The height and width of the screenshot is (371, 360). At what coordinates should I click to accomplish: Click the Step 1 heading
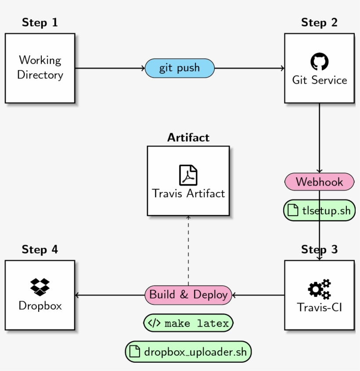tap(40, 22)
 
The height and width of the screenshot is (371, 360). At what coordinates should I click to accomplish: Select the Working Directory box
tap(40, 68)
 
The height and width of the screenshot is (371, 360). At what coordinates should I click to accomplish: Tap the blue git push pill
tap(180, 68)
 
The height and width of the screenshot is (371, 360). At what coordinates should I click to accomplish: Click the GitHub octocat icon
tap(319, 62)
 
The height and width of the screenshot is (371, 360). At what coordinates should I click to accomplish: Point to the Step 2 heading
tap(319, 22)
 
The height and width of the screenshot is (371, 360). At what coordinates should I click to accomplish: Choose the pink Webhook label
tap(319, 182)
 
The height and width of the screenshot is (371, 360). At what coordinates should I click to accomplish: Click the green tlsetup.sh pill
tap(319, 210)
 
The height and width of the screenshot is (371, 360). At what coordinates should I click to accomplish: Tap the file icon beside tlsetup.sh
tap(293, 210)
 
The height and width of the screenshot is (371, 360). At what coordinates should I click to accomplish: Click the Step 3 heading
tap(319, 250)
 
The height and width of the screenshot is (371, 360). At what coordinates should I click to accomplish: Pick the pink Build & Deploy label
tap(188, 295)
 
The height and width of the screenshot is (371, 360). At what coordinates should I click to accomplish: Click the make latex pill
tap(188, 324)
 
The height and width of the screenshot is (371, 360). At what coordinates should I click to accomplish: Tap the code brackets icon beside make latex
tap(154, 324)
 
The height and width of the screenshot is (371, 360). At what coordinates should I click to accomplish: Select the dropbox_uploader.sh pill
tap(188, 352)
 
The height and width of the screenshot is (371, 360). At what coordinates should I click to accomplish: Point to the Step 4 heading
tap(40, 250)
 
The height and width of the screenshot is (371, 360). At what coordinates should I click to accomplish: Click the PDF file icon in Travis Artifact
tap(188, 175)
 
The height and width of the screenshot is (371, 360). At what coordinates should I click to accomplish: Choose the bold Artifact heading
tap(188, 138)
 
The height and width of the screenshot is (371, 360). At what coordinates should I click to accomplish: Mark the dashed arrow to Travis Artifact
tap(188, 250)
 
